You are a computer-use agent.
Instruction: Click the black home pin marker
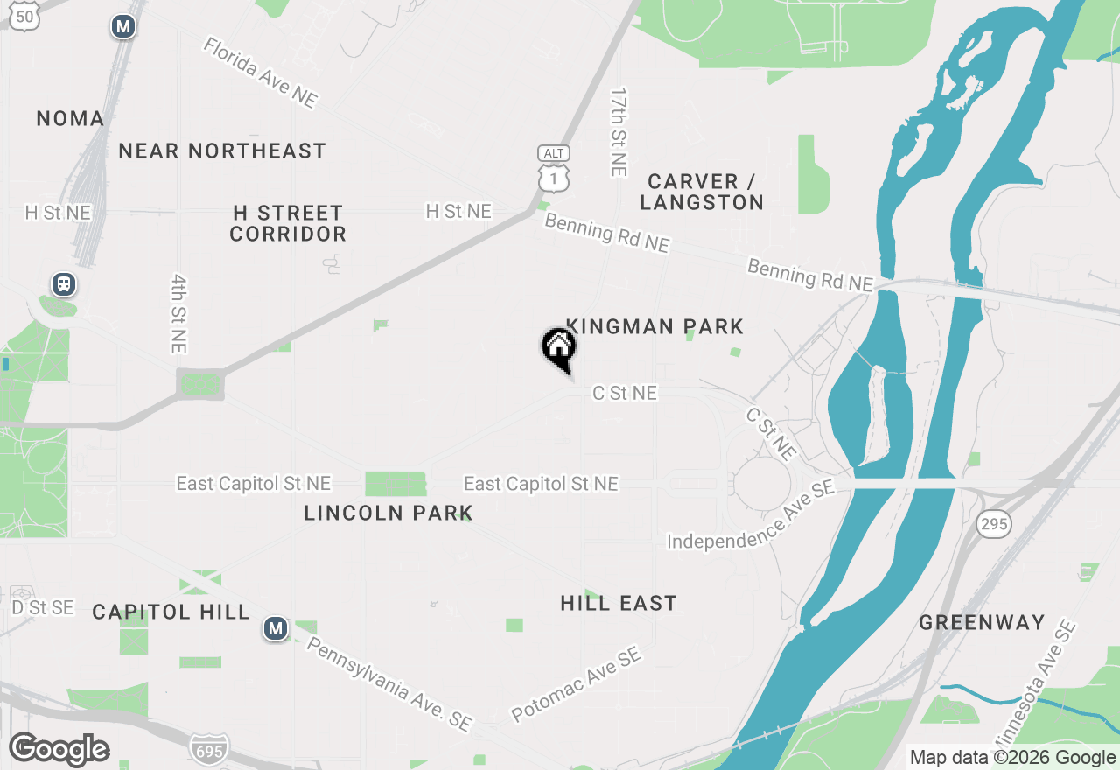pos(558,348)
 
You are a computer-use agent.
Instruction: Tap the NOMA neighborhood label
pos(70,118)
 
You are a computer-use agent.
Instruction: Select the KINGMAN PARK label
pos(655,326)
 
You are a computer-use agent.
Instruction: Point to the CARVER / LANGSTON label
pos(702,192)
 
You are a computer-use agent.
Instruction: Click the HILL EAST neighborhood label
pos(619,603)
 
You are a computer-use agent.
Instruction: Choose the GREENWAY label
pos(982,622)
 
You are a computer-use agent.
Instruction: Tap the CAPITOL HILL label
pos(171,612)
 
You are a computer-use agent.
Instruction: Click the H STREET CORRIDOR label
pos(288,223)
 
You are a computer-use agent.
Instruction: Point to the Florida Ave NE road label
pos(260,73)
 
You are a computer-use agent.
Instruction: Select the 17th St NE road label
pos(619,131)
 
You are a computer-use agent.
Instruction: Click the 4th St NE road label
pos(179,313)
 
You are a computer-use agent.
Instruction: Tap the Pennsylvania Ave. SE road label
pos(388,683)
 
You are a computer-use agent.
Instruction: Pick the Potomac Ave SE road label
pos(577,684)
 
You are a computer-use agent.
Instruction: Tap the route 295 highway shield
pos(996,525)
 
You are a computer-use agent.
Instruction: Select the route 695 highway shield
pos(209,748)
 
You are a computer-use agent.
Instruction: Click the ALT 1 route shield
pos(554,169)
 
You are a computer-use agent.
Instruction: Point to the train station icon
pos(64,284)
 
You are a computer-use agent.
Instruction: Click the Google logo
pos(59,749)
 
